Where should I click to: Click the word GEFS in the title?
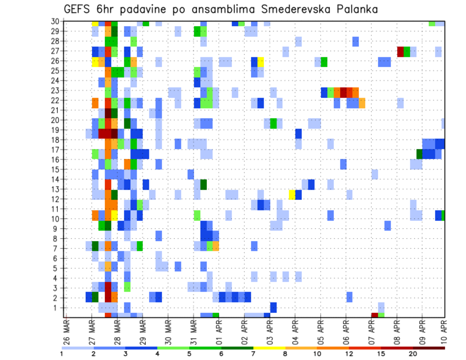77,9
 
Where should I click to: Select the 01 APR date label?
218,331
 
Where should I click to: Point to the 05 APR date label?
319,331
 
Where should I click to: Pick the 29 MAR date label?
142,331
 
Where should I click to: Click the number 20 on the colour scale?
413,354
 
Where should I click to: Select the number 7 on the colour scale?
253,354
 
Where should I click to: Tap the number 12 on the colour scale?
349,354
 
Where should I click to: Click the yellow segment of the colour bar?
269,348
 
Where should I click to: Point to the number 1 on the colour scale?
62,354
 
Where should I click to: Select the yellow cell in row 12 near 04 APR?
292,195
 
